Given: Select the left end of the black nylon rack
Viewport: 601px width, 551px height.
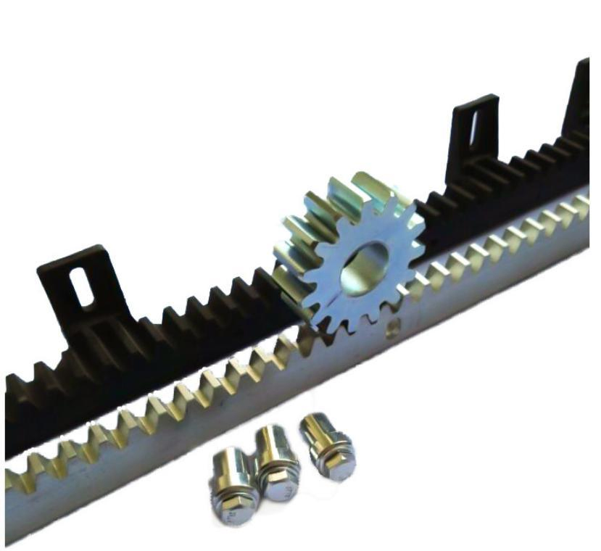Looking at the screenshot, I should point(14,413).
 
